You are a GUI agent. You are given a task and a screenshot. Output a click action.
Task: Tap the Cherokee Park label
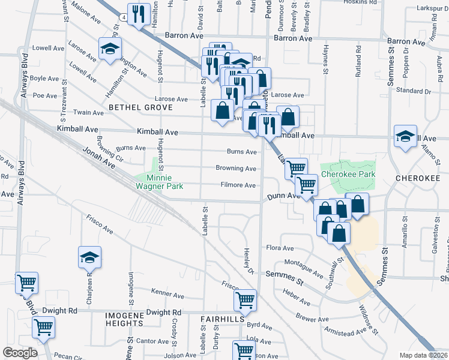tap(348, 174)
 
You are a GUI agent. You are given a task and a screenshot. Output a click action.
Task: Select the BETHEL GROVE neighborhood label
tap(140, 107)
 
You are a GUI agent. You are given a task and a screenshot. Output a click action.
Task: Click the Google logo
tap(20, 352)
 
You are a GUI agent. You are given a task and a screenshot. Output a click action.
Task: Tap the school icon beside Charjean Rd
tap(90, 257)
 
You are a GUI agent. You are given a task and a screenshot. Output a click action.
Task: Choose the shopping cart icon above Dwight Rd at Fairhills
tap(245, 300)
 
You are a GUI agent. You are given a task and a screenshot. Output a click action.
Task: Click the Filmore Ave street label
tap(238, 185)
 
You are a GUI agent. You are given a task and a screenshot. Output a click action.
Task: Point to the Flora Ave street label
tap(280, 248)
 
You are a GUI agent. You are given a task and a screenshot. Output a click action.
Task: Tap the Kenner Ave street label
tap(167, 295)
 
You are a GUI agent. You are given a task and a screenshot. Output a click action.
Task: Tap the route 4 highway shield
tap(122, 18)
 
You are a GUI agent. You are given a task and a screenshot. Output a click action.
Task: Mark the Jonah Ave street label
tap(98, 158)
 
